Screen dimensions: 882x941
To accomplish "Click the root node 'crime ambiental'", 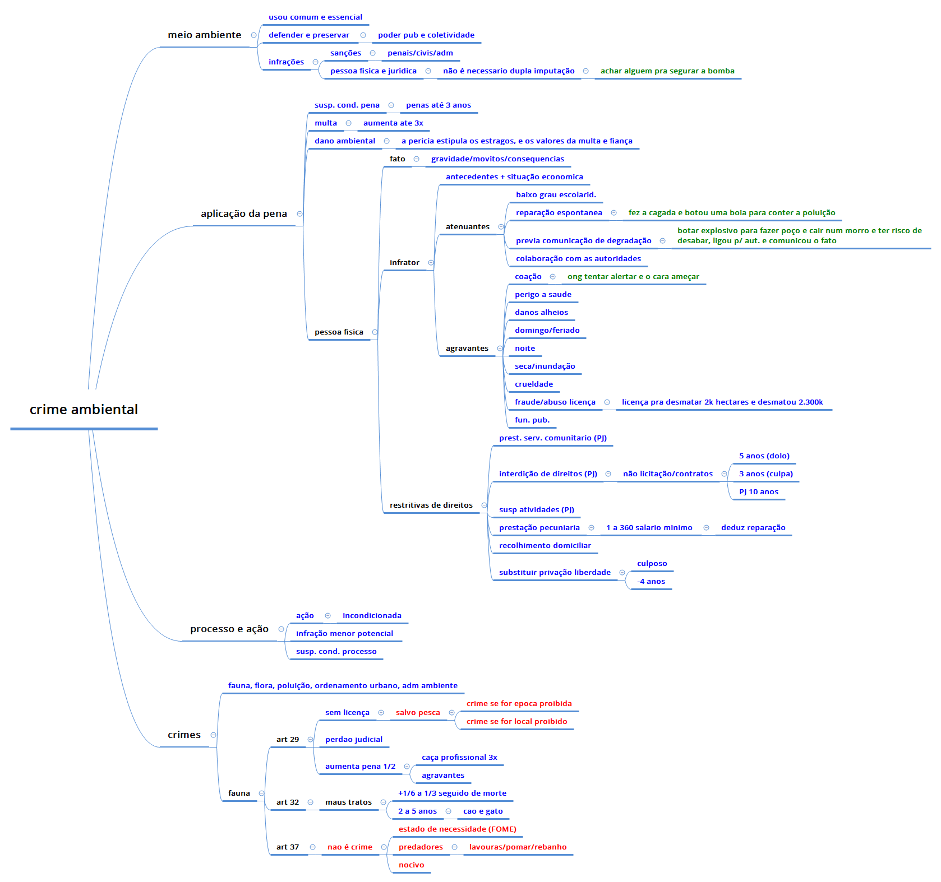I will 84,410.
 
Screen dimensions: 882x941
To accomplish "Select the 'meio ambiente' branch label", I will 204,35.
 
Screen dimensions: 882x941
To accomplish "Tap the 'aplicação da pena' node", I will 243,213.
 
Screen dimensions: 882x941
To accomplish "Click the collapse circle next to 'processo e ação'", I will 281,629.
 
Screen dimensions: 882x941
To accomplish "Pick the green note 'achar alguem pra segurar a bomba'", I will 667,71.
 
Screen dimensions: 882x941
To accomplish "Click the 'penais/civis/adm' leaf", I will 419,53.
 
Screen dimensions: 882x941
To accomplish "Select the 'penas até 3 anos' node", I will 438,105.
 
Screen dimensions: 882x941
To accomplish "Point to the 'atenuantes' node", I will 467,226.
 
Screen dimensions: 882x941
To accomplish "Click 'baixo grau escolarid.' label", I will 555,194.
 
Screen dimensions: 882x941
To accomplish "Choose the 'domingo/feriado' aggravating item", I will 547,330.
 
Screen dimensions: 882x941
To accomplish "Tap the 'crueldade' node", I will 533,384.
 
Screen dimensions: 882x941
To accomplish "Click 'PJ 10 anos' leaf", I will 758,491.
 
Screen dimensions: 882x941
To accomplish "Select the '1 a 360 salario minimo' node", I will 649,527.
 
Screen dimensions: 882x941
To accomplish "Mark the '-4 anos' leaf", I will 651,581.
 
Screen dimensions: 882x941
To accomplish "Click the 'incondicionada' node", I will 371,615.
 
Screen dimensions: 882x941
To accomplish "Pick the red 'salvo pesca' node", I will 417,712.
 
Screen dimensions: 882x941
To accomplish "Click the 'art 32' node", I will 287,802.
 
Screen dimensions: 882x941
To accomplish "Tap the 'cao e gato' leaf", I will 482,811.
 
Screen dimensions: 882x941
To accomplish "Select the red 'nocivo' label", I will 411,865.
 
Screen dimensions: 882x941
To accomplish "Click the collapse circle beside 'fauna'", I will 261,793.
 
